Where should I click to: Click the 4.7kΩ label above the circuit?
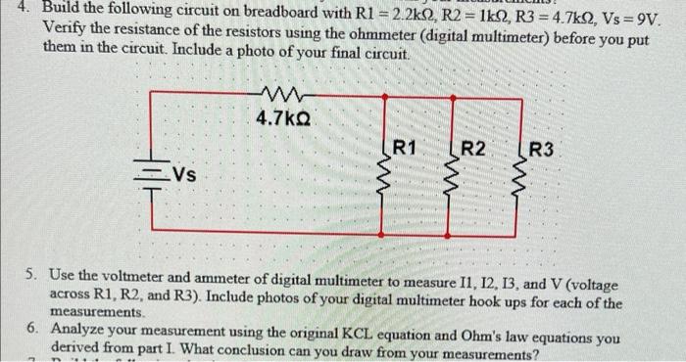tap(284, 119)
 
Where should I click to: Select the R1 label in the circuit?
tap(405, 149)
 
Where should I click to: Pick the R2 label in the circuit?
tap(472, 149)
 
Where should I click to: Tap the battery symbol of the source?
tap(153, 176)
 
